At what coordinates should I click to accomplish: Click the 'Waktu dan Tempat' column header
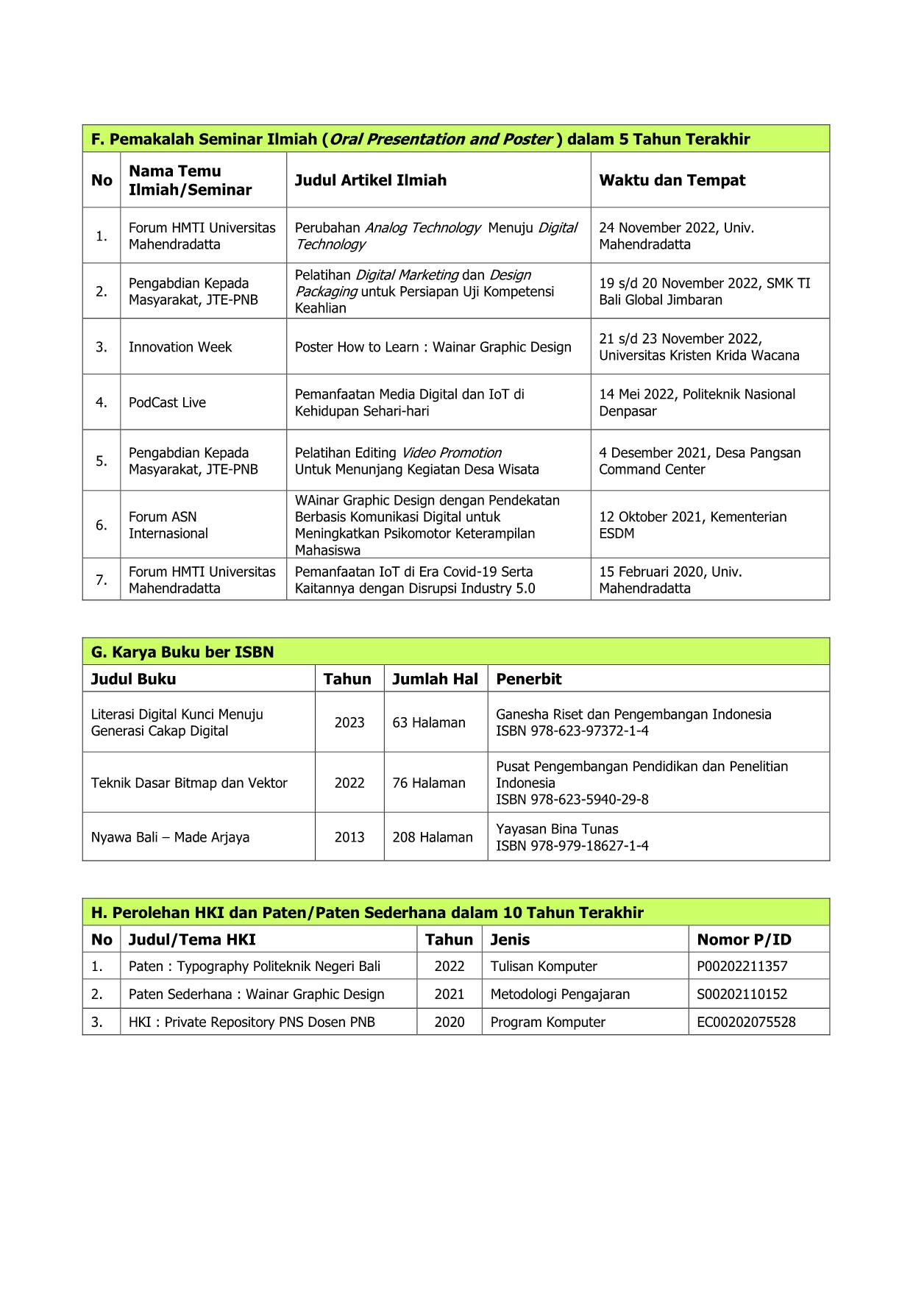click(x=672, y=180)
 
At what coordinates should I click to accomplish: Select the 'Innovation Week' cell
click(x=180, y=347)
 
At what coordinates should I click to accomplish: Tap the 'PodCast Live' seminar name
click(x=167, y=402)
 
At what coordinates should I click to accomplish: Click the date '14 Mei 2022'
click(x=637, y=394)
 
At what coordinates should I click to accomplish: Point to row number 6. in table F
click(x=102, y=524)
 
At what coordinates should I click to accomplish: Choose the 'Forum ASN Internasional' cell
click(x=168, y=525)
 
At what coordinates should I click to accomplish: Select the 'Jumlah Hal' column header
click(x=435, y=679)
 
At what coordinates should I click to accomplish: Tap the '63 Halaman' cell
click(x=429, y=722)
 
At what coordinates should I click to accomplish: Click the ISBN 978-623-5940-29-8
click(x=572, y=800)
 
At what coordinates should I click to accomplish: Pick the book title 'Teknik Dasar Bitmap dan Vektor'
click(x=189, y=783)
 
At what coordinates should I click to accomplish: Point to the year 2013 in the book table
click(x=349, y=837)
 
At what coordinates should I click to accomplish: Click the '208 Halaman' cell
click(x=433, y=837)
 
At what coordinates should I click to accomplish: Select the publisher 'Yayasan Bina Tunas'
click(x=557, y=829)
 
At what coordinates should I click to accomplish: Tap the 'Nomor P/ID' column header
click(x=744, y=939)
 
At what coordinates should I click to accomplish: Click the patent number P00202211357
click(x=742, y=967)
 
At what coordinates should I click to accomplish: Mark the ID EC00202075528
click(x=746, y=1022)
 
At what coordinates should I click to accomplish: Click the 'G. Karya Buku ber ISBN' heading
click(x=182, y=652)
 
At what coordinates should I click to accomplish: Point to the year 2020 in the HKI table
click(x=449, y=1022)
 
